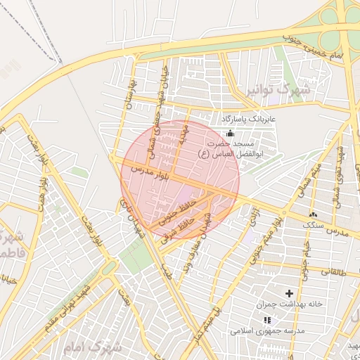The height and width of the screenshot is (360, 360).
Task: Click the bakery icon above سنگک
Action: pyautogui.click(x=313, y=214)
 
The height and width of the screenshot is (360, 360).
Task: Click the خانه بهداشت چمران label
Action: pyautogui.click(x=289, y=304)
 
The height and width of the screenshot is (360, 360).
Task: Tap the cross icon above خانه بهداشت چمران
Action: pyautogui.click(x=289, y=292)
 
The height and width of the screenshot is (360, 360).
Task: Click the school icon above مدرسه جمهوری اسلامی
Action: pyautogui.click(x=266, y=320)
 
